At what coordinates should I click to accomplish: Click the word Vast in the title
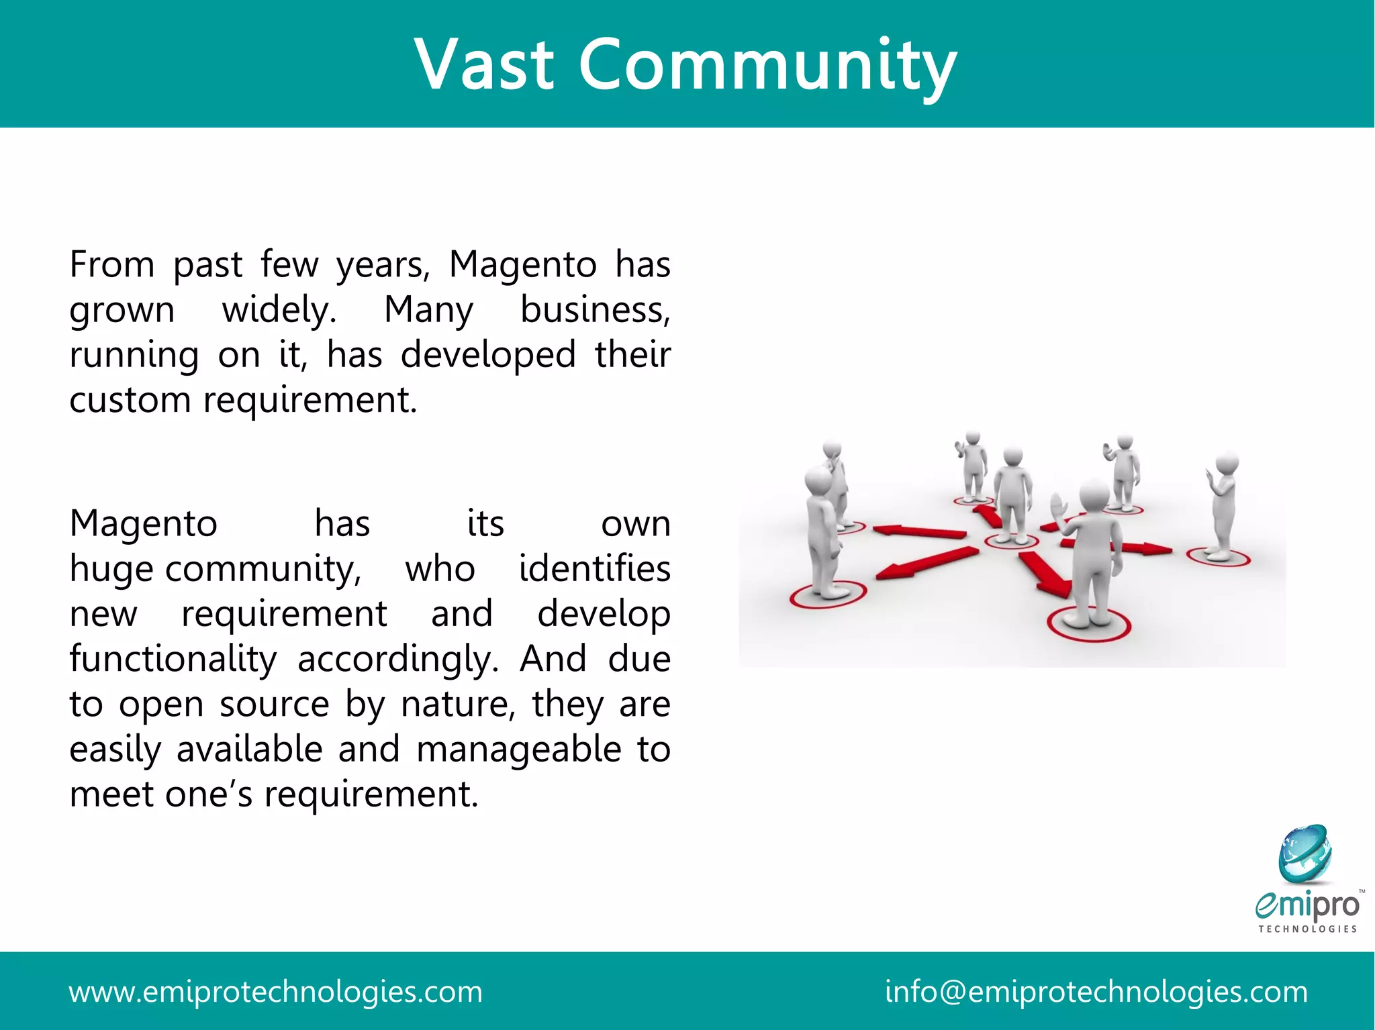[x=485, y=64]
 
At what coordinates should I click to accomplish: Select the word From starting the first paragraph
[x=112, y=264]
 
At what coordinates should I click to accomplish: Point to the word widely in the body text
[x=279, y=311]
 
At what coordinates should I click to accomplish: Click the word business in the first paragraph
[x=595, y=310]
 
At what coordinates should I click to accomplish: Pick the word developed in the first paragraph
[x=488, y=354]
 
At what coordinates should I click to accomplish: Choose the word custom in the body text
[x=130, y=401]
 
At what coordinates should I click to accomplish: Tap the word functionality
[x=173, y=659]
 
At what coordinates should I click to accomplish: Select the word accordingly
[x=398, y=660]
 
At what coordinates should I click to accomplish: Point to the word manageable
[x=519, y=750]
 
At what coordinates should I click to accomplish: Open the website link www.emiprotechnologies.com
[x=275, y=992]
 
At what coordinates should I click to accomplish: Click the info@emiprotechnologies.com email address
[x=1096, y=992]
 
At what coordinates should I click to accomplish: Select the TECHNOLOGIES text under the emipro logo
[x=1307, y=929]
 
